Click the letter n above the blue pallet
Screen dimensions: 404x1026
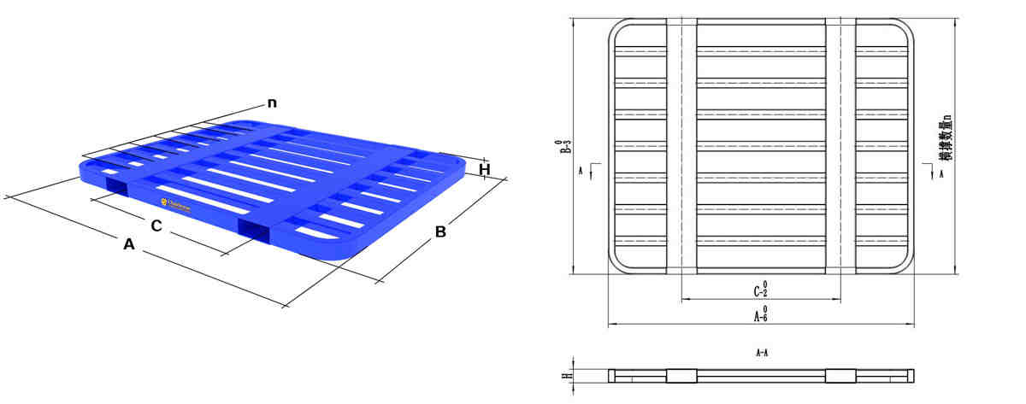(x=272, y=103)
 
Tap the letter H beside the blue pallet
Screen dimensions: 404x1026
(x=484, y=169)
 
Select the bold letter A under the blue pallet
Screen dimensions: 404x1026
(x=129, y=244)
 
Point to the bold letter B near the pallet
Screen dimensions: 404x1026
(x=440, y=231)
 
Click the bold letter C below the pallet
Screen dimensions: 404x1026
(x=156, y=225)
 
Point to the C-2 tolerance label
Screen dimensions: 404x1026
(x=760, y=290)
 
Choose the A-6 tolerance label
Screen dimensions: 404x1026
(x=760, y=315)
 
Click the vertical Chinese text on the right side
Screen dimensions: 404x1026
(x=943, y=137)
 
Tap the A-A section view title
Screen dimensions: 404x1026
(x=760, y=352)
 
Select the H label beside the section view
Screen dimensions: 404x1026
(x=564, y=375)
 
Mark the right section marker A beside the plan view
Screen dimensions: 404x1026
(x=941, y=173)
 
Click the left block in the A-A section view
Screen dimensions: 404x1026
(x=681, y=375)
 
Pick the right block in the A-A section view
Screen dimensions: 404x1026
(x=840, y=375)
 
